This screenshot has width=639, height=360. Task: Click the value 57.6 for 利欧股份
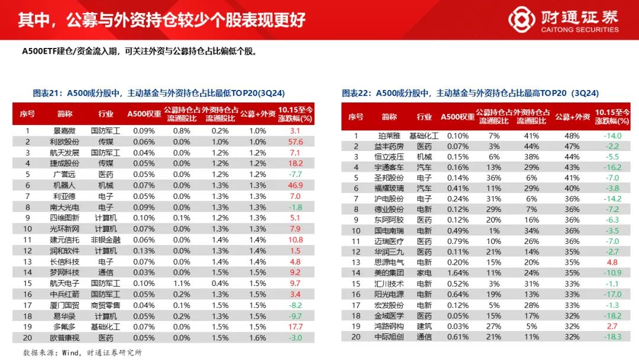tap(296, 142)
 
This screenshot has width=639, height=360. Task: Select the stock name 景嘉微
tap(65, 130)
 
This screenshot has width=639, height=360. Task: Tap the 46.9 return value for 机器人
tap(296, 185)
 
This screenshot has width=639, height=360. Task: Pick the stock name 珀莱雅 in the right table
tap(389, 136)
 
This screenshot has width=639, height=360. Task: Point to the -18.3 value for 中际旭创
tap(612, 337)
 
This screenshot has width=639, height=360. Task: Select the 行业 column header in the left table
tap(106, 114)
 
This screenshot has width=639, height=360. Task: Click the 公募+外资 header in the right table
tap(572, 117)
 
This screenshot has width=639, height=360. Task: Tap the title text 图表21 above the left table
tap(49, 92)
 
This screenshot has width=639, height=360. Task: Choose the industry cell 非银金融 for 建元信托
tap(106, 240)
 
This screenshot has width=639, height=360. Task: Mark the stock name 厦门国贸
tap(65, 305)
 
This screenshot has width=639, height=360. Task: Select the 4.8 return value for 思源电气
tap(612, 262)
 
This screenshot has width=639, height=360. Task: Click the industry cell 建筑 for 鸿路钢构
tap(424, 326)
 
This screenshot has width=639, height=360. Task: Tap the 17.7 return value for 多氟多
tap(296, 327)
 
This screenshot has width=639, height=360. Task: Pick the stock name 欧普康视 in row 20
tap(65, 337)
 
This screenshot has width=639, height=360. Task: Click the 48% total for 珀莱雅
tap(572, 136)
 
